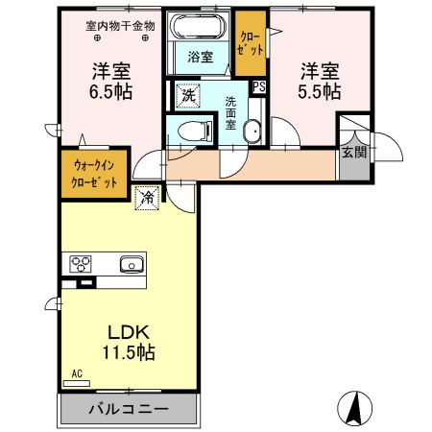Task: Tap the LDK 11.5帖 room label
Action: click(129, 341)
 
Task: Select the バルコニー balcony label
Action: click(129, 409)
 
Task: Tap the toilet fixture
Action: click(195, 130)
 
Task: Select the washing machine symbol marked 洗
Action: click(188, 96)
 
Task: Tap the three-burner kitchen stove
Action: click(78, 264)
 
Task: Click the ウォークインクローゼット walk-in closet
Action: click(94, 175)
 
